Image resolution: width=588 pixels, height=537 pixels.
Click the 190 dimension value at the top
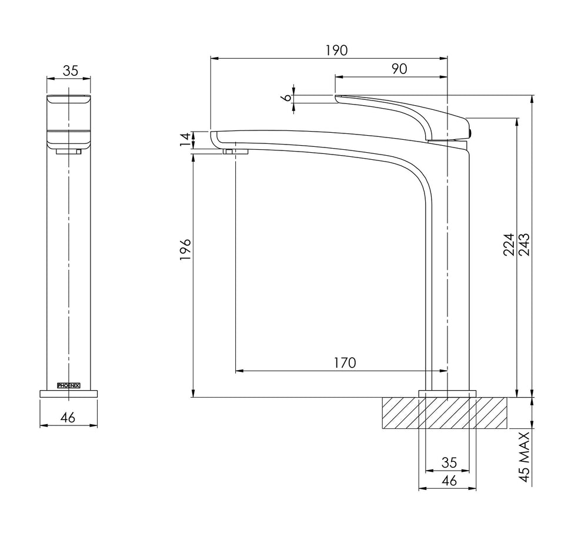[x=336, y=50]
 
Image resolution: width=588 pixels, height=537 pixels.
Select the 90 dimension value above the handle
[x=399, y=69]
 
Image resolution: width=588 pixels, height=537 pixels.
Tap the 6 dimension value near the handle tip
[x=286, y=98]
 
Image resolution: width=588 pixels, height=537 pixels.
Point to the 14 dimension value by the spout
[x=185, y=140]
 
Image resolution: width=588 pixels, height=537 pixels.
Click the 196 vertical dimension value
[x=185, y=249]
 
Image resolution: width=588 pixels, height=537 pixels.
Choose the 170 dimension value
[x=345, y=363]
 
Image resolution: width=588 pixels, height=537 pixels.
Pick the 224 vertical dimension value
[x=509, y=244]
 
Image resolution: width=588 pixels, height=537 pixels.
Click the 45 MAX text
[x=524, y=457]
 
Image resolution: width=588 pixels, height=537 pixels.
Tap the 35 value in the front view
[x=71, y=71]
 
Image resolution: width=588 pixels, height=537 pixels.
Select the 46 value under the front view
[x=68, y=417]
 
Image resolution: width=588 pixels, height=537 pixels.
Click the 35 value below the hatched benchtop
[x=449, y=463]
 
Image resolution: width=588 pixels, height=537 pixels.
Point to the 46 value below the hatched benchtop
[x=449, y=481]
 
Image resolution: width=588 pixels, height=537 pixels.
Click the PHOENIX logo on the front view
[x=68, y=385]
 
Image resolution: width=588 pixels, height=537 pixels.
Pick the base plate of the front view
[x=68, y=394]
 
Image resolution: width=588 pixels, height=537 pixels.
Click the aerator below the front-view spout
[x=69, y=152]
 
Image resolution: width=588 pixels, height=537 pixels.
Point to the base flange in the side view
[x=447, y=394]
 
